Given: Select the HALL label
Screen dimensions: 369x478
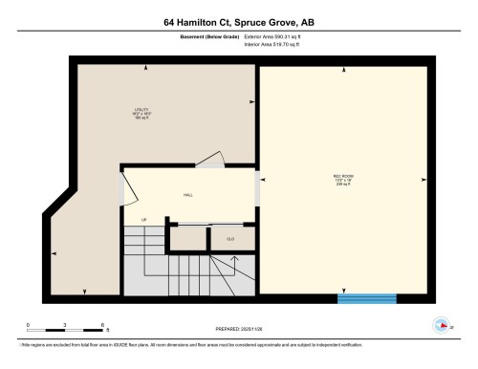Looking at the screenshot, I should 188,195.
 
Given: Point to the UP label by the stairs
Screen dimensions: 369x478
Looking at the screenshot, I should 144,222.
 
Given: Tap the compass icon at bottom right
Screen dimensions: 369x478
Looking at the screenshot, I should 442,324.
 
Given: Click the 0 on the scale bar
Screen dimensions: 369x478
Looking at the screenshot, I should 28,326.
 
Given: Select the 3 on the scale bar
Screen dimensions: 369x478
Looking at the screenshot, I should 64,326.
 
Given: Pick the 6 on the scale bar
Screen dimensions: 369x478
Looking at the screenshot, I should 100,326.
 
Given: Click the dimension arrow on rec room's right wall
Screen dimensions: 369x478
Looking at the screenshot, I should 424,178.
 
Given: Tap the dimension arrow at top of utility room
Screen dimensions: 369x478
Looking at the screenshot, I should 145,66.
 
